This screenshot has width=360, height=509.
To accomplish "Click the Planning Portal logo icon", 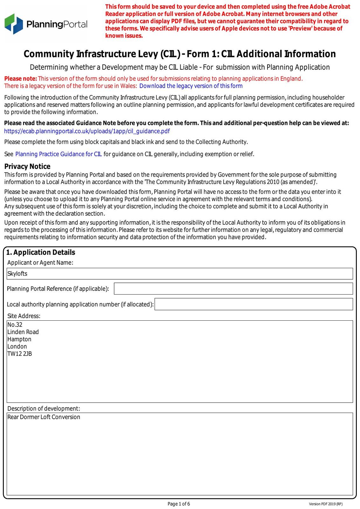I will coord(14,24).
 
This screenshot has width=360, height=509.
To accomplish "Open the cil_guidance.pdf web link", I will coord(87,131).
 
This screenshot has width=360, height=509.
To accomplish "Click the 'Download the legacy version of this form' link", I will coord(191,86).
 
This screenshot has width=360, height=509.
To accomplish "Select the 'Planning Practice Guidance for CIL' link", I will coord(59,154).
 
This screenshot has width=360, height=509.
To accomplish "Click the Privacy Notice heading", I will coord(27,166).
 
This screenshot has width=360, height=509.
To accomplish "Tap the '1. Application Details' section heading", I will coord(41,252).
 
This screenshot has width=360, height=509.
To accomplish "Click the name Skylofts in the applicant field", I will coord(17,274).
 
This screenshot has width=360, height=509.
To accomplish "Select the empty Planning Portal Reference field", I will coord(233,289).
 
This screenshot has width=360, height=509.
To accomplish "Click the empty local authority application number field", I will coord(253,304).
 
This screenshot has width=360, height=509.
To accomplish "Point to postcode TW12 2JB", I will coord(20,354).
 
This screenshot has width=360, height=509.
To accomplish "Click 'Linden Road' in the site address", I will coord(23,332).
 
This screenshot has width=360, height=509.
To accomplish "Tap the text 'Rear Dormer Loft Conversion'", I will coord(44,417).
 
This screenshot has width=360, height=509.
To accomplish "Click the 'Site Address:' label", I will coord(24,316).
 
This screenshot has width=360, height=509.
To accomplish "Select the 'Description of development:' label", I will coord(44,408).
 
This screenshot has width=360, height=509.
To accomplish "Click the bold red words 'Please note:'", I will coord(21,79).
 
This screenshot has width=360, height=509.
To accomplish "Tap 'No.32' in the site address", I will coord(15,324).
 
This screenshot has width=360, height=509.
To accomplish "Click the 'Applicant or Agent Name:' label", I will coord(40,262).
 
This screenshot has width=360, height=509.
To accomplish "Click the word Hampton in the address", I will coord(19,339).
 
